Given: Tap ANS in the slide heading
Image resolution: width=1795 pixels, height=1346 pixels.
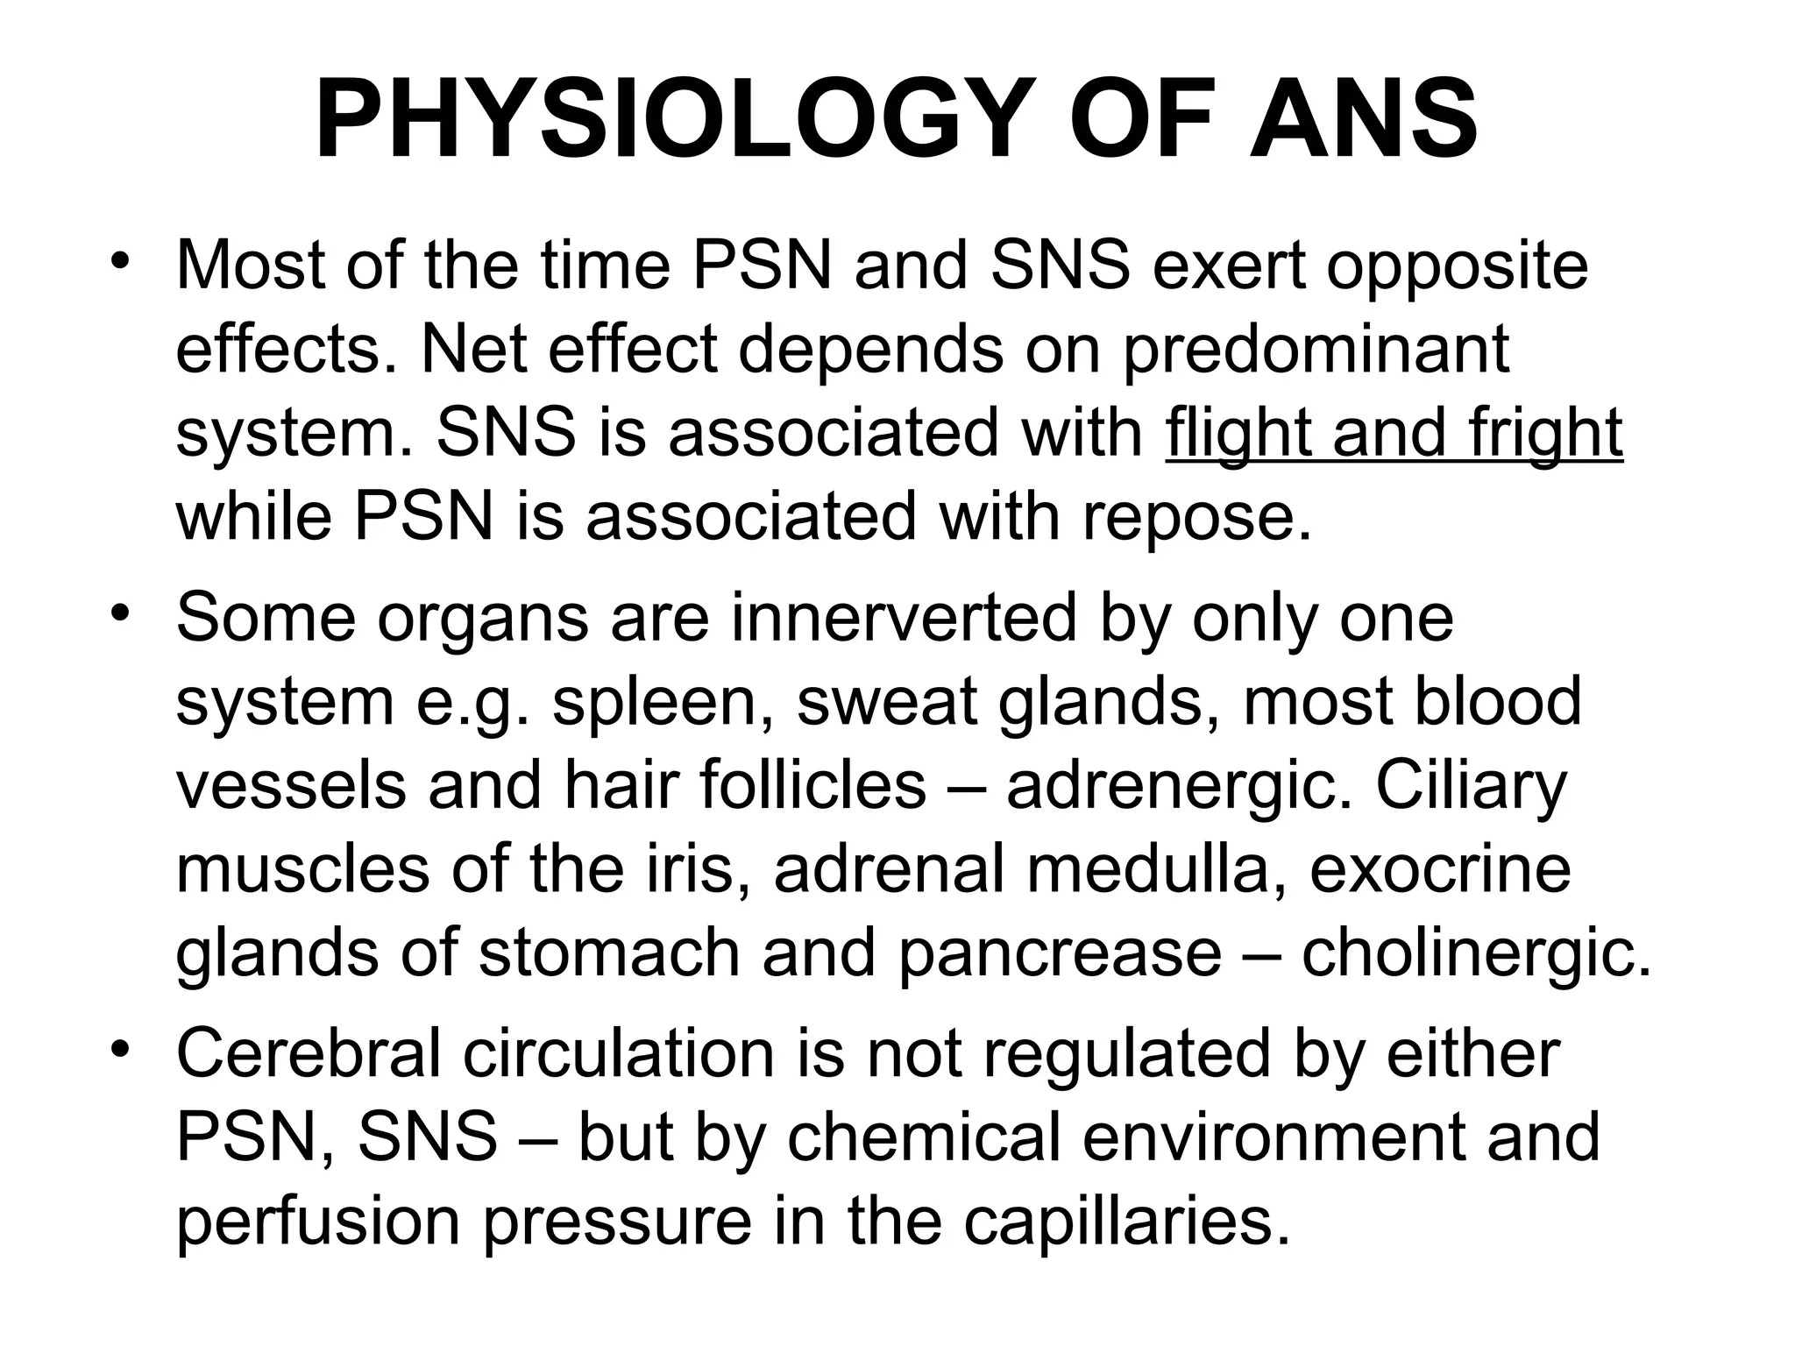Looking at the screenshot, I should tap(1364, 119).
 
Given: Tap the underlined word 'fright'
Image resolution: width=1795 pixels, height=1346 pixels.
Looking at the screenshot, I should tap(1546, 433).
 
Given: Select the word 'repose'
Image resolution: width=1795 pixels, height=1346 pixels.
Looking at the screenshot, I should tap(1197, 517).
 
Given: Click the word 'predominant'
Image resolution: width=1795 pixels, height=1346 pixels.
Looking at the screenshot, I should tap(1316, 349).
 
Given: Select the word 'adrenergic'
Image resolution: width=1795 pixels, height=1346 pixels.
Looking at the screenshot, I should tap(1179, 787).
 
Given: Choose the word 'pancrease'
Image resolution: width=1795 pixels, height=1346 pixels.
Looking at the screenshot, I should tap(1060, 954).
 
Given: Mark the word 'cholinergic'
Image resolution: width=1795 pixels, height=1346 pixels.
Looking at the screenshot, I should tap(1476, 954).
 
